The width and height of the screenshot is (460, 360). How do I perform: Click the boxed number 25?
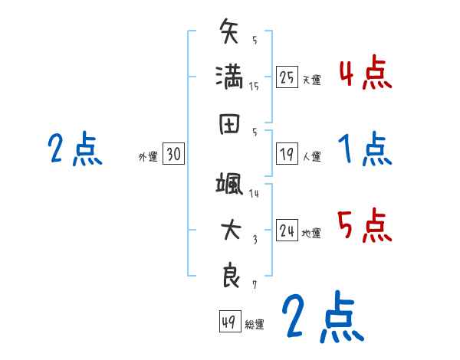tap(287, 77)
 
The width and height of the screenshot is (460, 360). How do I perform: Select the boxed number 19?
tap(287, 154)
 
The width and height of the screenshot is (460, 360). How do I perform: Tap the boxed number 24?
tap(287, 231)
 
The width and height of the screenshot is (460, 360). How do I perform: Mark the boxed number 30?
tap(173, 155)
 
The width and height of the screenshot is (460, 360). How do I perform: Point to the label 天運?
tap(311, 80)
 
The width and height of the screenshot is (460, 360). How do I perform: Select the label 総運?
tap(255, 324)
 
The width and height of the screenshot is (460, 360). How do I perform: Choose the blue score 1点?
tap(365, 149)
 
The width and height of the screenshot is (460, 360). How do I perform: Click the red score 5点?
tap(365, 226)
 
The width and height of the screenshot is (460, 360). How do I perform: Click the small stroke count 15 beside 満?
tap(254, 86)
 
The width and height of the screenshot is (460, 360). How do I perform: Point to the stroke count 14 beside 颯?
tap(254, 194)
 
